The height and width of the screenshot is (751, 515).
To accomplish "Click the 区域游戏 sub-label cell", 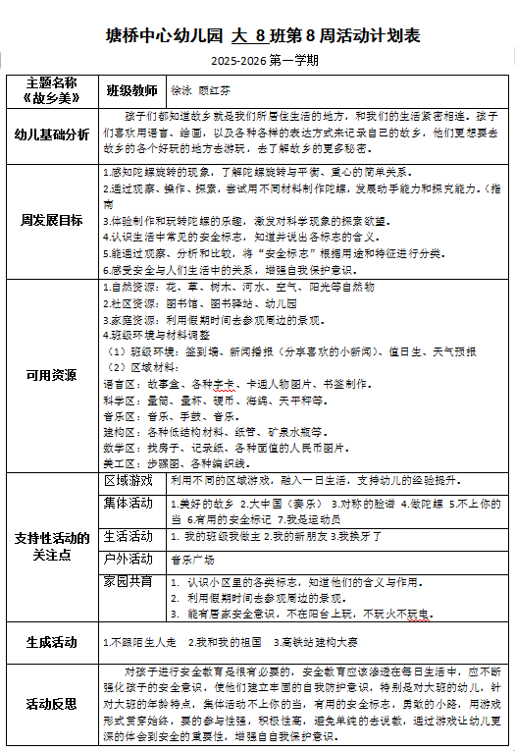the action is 129,481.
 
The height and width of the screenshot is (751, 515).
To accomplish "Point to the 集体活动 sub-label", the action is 129,503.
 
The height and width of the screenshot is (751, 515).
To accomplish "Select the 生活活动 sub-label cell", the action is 129,536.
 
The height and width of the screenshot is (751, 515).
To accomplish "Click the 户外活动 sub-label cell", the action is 129,559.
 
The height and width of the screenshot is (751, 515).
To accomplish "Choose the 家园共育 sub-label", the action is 129,581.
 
